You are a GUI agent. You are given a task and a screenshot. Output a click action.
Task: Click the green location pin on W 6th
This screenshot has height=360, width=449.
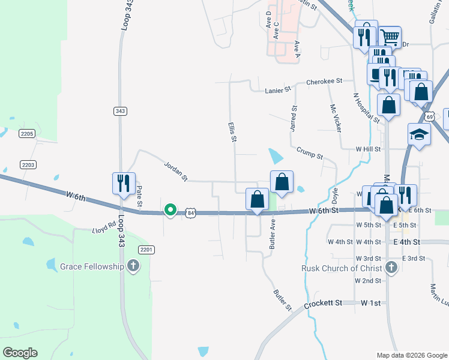point(170,210)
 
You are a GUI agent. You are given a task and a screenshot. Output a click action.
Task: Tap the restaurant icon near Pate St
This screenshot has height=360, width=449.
point(124,184)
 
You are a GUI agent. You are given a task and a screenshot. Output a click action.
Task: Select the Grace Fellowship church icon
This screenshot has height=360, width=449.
point(133,266)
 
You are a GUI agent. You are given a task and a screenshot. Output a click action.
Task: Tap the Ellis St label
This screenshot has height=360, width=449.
point(232,132)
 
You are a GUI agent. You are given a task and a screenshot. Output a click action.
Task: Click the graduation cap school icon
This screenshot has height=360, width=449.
point(419,135)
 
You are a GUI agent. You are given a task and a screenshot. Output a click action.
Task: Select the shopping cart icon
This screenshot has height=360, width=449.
point(390,37)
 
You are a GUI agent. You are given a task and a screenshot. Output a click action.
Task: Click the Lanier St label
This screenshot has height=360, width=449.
point(278,90)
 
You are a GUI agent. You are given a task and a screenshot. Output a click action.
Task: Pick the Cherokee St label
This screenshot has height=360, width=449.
point(324,80)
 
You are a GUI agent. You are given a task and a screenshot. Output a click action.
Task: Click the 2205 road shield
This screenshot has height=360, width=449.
point(27,133)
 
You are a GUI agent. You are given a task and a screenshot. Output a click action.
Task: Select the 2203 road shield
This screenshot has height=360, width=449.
point(28,164)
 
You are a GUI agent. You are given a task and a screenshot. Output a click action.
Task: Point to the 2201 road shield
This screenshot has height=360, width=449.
point(147,249)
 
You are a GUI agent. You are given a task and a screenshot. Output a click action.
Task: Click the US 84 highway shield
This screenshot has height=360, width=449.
point(191,212)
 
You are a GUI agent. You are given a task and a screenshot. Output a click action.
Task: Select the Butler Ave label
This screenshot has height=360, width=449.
point(273,233)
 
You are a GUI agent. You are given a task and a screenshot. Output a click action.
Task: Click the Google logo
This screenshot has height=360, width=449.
point(20,353)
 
